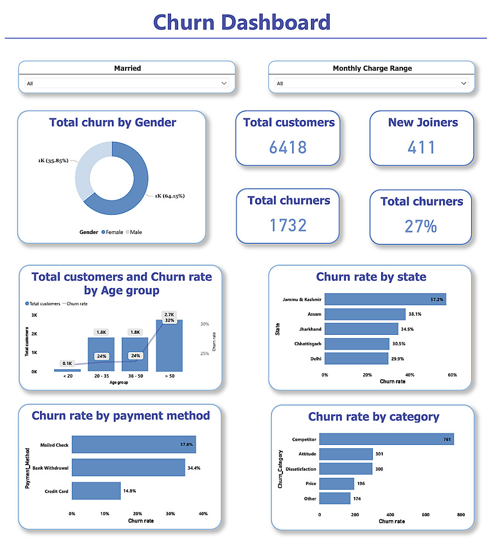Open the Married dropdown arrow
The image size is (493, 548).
224,83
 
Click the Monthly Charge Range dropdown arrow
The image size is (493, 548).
464,83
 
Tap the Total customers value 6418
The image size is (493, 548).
288,147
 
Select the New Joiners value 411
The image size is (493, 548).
422,147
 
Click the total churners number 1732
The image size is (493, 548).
288,225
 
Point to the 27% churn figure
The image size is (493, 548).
421,226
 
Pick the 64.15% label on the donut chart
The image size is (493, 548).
169,196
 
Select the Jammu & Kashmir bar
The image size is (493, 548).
384,299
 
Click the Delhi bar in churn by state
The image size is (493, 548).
356,358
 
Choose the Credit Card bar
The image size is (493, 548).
96,491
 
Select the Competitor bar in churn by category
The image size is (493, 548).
386,439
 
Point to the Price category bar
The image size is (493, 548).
337,483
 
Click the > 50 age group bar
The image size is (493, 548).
169,345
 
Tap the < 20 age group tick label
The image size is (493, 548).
67,376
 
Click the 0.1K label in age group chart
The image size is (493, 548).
67,363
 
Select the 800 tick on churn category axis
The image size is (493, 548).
461,515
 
